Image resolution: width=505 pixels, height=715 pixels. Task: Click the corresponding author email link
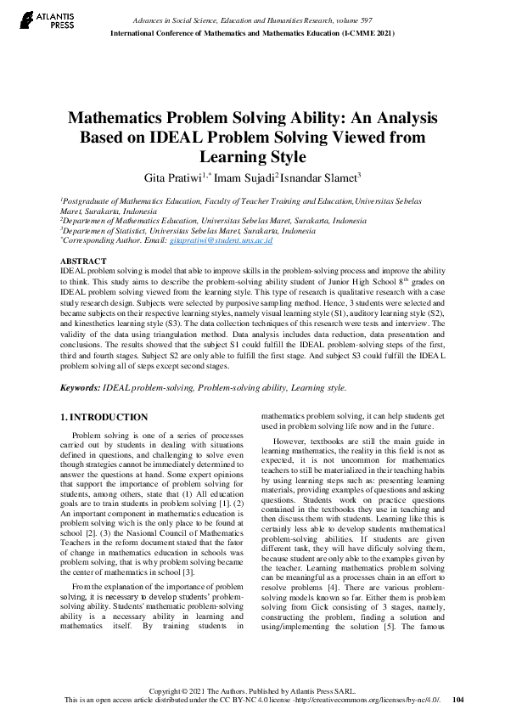pyautogui.click(x=221, y=241)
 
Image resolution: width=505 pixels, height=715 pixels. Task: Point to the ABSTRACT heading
pyautogui.click(x=84, y=260)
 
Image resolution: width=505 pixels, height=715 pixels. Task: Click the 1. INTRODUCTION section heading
pyautogui.click(x=105, y=417)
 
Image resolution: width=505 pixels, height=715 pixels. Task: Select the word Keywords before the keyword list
pyautogui.click(x=79, y=387)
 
